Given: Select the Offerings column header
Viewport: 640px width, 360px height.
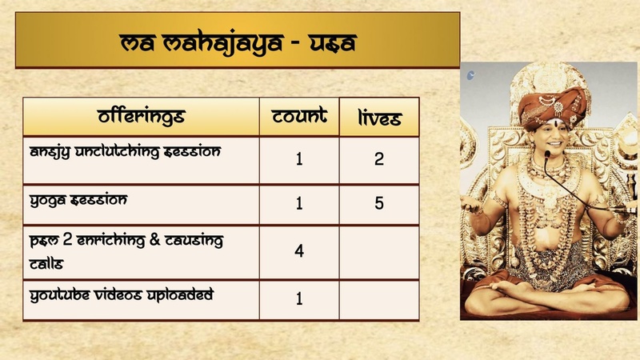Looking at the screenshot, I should coord(141,117).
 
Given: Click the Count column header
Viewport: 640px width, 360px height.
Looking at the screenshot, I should coord(299,117).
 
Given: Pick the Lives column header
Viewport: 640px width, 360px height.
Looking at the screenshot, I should coord(379,119).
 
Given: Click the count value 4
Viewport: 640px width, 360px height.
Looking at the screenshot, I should coord(299,251).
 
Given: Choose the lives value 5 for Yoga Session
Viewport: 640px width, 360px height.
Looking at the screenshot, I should coord(379,204).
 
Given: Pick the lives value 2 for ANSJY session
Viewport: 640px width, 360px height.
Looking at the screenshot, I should coord(379,158).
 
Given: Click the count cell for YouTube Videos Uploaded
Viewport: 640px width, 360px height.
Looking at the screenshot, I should coord(299,299).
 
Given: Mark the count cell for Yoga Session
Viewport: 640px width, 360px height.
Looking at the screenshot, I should coord(299,204).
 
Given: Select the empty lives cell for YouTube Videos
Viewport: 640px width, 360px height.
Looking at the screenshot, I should coord(379,299).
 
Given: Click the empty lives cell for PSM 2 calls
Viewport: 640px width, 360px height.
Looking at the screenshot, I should coord(379,251).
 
